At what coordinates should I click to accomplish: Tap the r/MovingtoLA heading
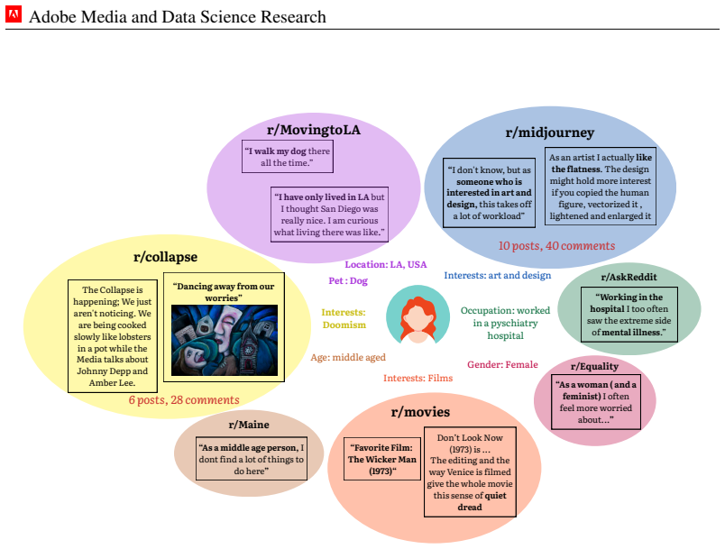click(314, 130)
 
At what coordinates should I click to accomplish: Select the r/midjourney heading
click(550, 133)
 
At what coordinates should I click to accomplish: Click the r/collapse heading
click(165, 257)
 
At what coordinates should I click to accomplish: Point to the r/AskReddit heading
click(629, 277)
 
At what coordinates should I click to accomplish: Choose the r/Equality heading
click(594, 367)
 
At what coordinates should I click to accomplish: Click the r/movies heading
click(420, 412)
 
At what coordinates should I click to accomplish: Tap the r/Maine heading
click(249, 425)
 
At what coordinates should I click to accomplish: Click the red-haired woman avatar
click(418, 316)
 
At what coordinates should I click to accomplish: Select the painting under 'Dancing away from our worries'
click(225, 340)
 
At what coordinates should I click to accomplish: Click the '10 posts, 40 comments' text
click(556, 246)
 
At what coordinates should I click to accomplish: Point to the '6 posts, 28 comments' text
click(184, 400)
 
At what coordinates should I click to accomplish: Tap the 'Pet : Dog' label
click(348, 281)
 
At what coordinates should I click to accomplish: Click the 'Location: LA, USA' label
click(386, 264)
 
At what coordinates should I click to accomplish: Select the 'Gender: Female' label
click(502, 364)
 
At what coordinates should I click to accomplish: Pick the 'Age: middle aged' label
click(348, 357)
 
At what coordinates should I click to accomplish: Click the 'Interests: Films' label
click(418, 378)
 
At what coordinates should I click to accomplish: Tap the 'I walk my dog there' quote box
click(288, 157)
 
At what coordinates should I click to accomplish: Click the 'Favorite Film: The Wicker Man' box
click(382, 459)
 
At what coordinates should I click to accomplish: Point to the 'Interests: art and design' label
click(498, 276)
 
